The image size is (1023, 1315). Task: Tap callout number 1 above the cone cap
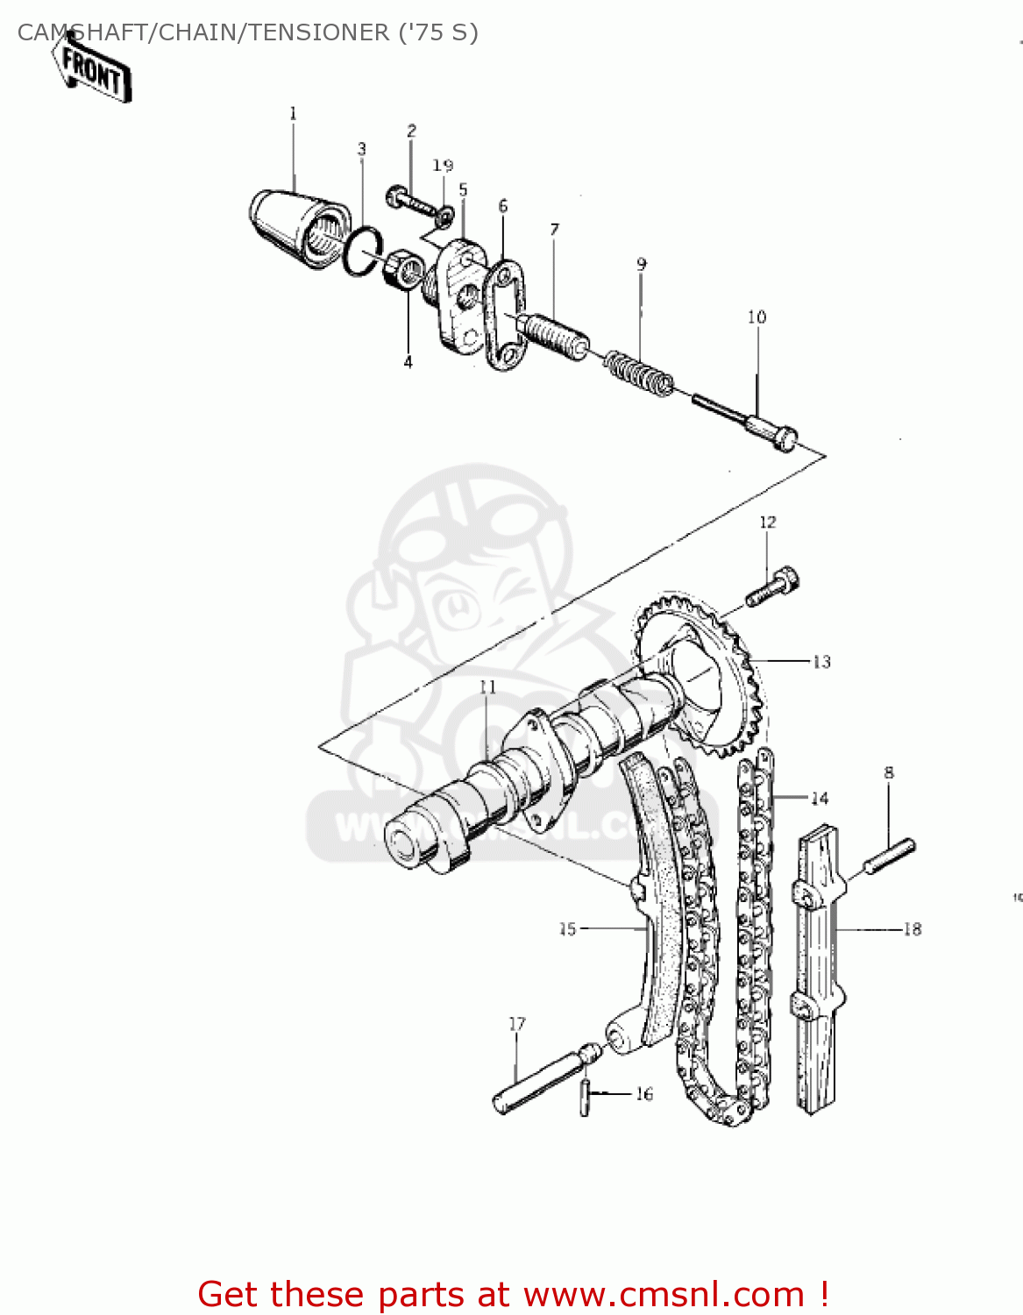click(293, 113)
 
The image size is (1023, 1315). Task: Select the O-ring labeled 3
click(362, 252)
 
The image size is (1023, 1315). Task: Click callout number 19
click(443, 166)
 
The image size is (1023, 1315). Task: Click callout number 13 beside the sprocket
click(821, 662)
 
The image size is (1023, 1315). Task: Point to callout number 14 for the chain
click(820, 798)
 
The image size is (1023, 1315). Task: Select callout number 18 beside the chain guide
click(913, 929)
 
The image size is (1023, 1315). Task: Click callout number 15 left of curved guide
click(568, 928)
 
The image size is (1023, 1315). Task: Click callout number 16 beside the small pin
click(644, 1094)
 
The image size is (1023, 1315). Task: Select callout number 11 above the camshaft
click(487, 686)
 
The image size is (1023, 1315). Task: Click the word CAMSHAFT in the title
click(84, 32)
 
